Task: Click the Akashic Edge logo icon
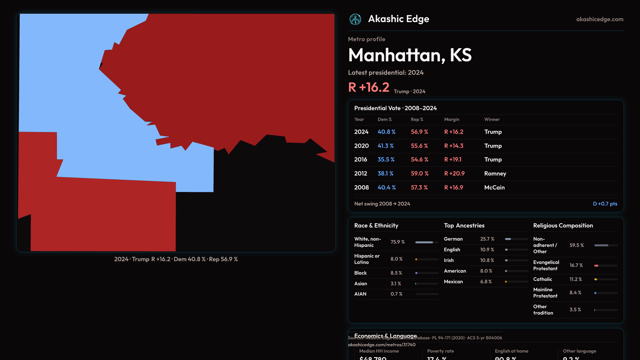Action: [x=355, y=19]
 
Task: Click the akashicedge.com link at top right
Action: [x=600, y=19]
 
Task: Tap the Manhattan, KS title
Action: [x=410, y=55]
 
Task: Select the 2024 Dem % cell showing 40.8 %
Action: [x=386, y=132]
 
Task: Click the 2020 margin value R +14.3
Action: [x=454, y=146]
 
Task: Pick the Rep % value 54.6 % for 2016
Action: [x=419, y=160]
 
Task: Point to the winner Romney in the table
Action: [x=495, y=174]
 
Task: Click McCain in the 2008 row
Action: [x=494, y=188]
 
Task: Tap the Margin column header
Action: [x=452, y=119]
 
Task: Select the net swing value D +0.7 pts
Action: [x=605, y=204]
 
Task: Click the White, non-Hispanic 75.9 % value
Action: [x=397, y=242]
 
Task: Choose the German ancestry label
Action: [x=453, y=239]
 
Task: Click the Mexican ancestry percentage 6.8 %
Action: [x=486, y=282]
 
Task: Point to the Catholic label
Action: [x=542, y=279]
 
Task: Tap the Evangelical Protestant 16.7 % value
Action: [x=576, y=265]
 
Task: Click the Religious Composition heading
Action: [x=563, y=226]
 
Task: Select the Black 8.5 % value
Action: [x=396, y=273]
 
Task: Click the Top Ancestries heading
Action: [x=464, y=226]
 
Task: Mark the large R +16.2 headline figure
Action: [x=369, y=88]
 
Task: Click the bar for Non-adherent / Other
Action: [x=606, y=245]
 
